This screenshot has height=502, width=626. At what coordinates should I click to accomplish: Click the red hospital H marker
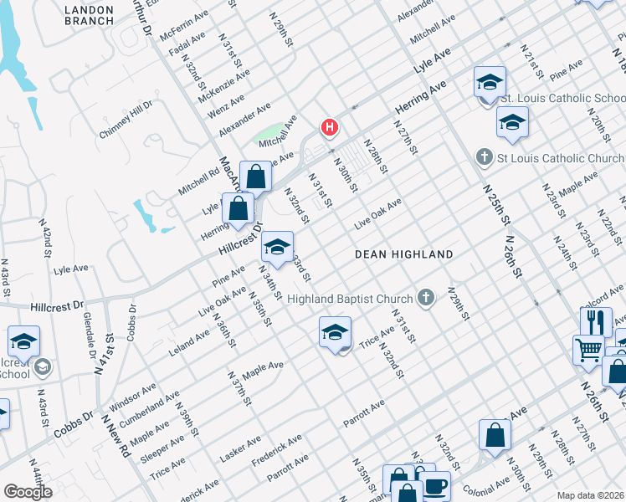[x=331, y=128]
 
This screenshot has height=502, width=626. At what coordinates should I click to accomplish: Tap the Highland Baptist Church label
[x=350, y=299]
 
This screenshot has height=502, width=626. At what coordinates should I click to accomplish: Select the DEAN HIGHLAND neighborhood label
[x=403, y=254]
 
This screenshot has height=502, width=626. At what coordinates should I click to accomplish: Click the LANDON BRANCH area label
[x=89, y=15]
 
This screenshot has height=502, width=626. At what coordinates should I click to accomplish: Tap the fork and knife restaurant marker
[x=594, y=321]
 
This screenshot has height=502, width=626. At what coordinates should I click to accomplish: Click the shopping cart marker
[x=588, y=349]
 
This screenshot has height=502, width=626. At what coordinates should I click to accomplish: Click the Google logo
[x=28, y=491]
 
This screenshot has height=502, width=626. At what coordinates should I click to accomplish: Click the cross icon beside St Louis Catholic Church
[x=484, y=157]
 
